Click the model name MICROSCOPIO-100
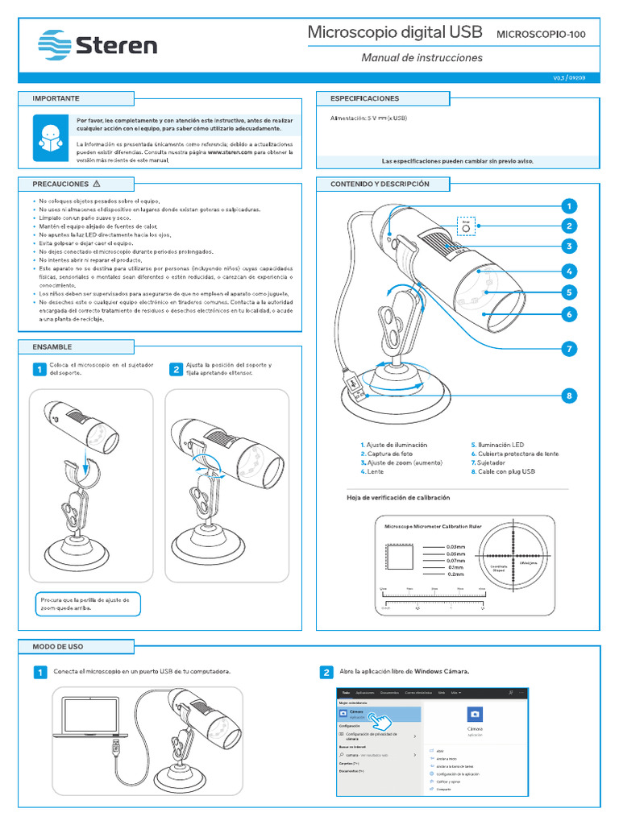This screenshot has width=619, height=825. coord(540,35)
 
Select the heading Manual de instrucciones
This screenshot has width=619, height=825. coord(422,58)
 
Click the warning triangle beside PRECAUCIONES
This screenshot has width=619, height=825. coord(97,184)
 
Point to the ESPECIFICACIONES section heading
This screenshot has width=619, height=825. coord(364,98)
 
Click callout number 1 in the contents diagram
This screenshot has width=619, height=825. coord(568,205)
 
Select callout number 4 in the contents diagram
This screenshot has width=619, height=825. coord(568,272)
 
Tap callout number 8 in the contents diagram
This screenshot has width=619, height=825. coord(568,396)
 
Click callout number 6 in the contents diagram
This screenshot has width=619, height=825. coord(568,314)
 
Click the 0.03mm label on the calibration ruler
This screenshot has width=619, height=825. coord(456,547)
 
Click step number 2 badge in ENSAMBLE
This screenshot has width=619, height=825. coord(175,370)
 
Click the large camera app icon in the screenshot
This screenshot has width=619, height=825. coord(475,714)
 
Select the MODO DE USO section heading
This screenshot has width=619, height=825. coord(57,647)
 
